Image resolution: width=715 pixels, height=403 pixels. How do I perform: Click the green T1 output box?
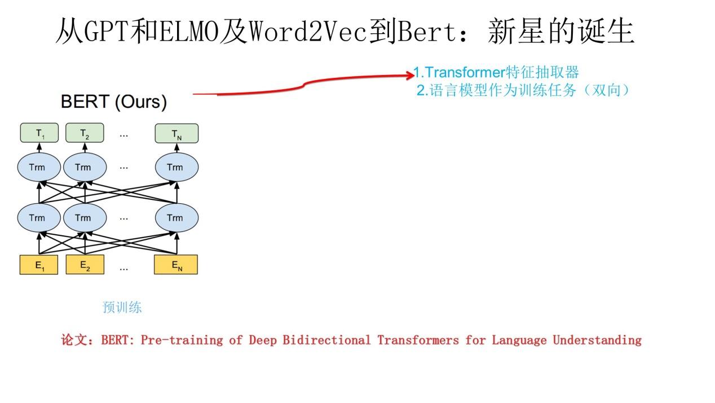click(39, 133)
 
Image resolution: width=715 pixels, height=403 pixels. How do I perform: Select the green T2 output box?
click(85, 133)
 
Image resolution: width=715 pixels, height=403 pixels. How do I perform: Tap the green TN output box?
click(176, 133)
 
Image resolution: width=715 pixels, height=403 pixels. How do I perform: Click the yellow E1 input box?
click(39, 265)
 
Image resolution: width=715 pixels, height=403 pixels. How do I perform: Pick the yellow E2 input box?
click(85, 265)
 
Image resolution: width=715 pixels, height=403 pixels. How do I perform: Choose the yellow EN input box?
click(176, 265)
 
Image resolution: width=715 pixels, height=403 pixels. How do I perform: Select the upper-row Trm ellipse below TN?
click(176, 167)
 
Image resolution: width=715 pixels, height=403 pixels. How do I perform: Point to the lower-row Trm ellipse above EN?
click(176, 218)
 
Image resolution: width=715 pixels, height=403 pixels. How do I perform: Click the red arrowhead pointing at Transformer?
click(410, 74)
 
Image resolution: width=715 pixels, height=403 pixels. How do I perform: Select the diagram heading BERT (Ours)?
click(114, 102)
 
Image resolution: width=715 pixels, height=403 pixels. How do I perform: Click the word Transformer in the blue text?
click(464, 72)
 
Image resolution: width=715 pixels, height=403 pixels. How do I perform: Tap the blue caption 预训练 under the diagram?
click(122, 307)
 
